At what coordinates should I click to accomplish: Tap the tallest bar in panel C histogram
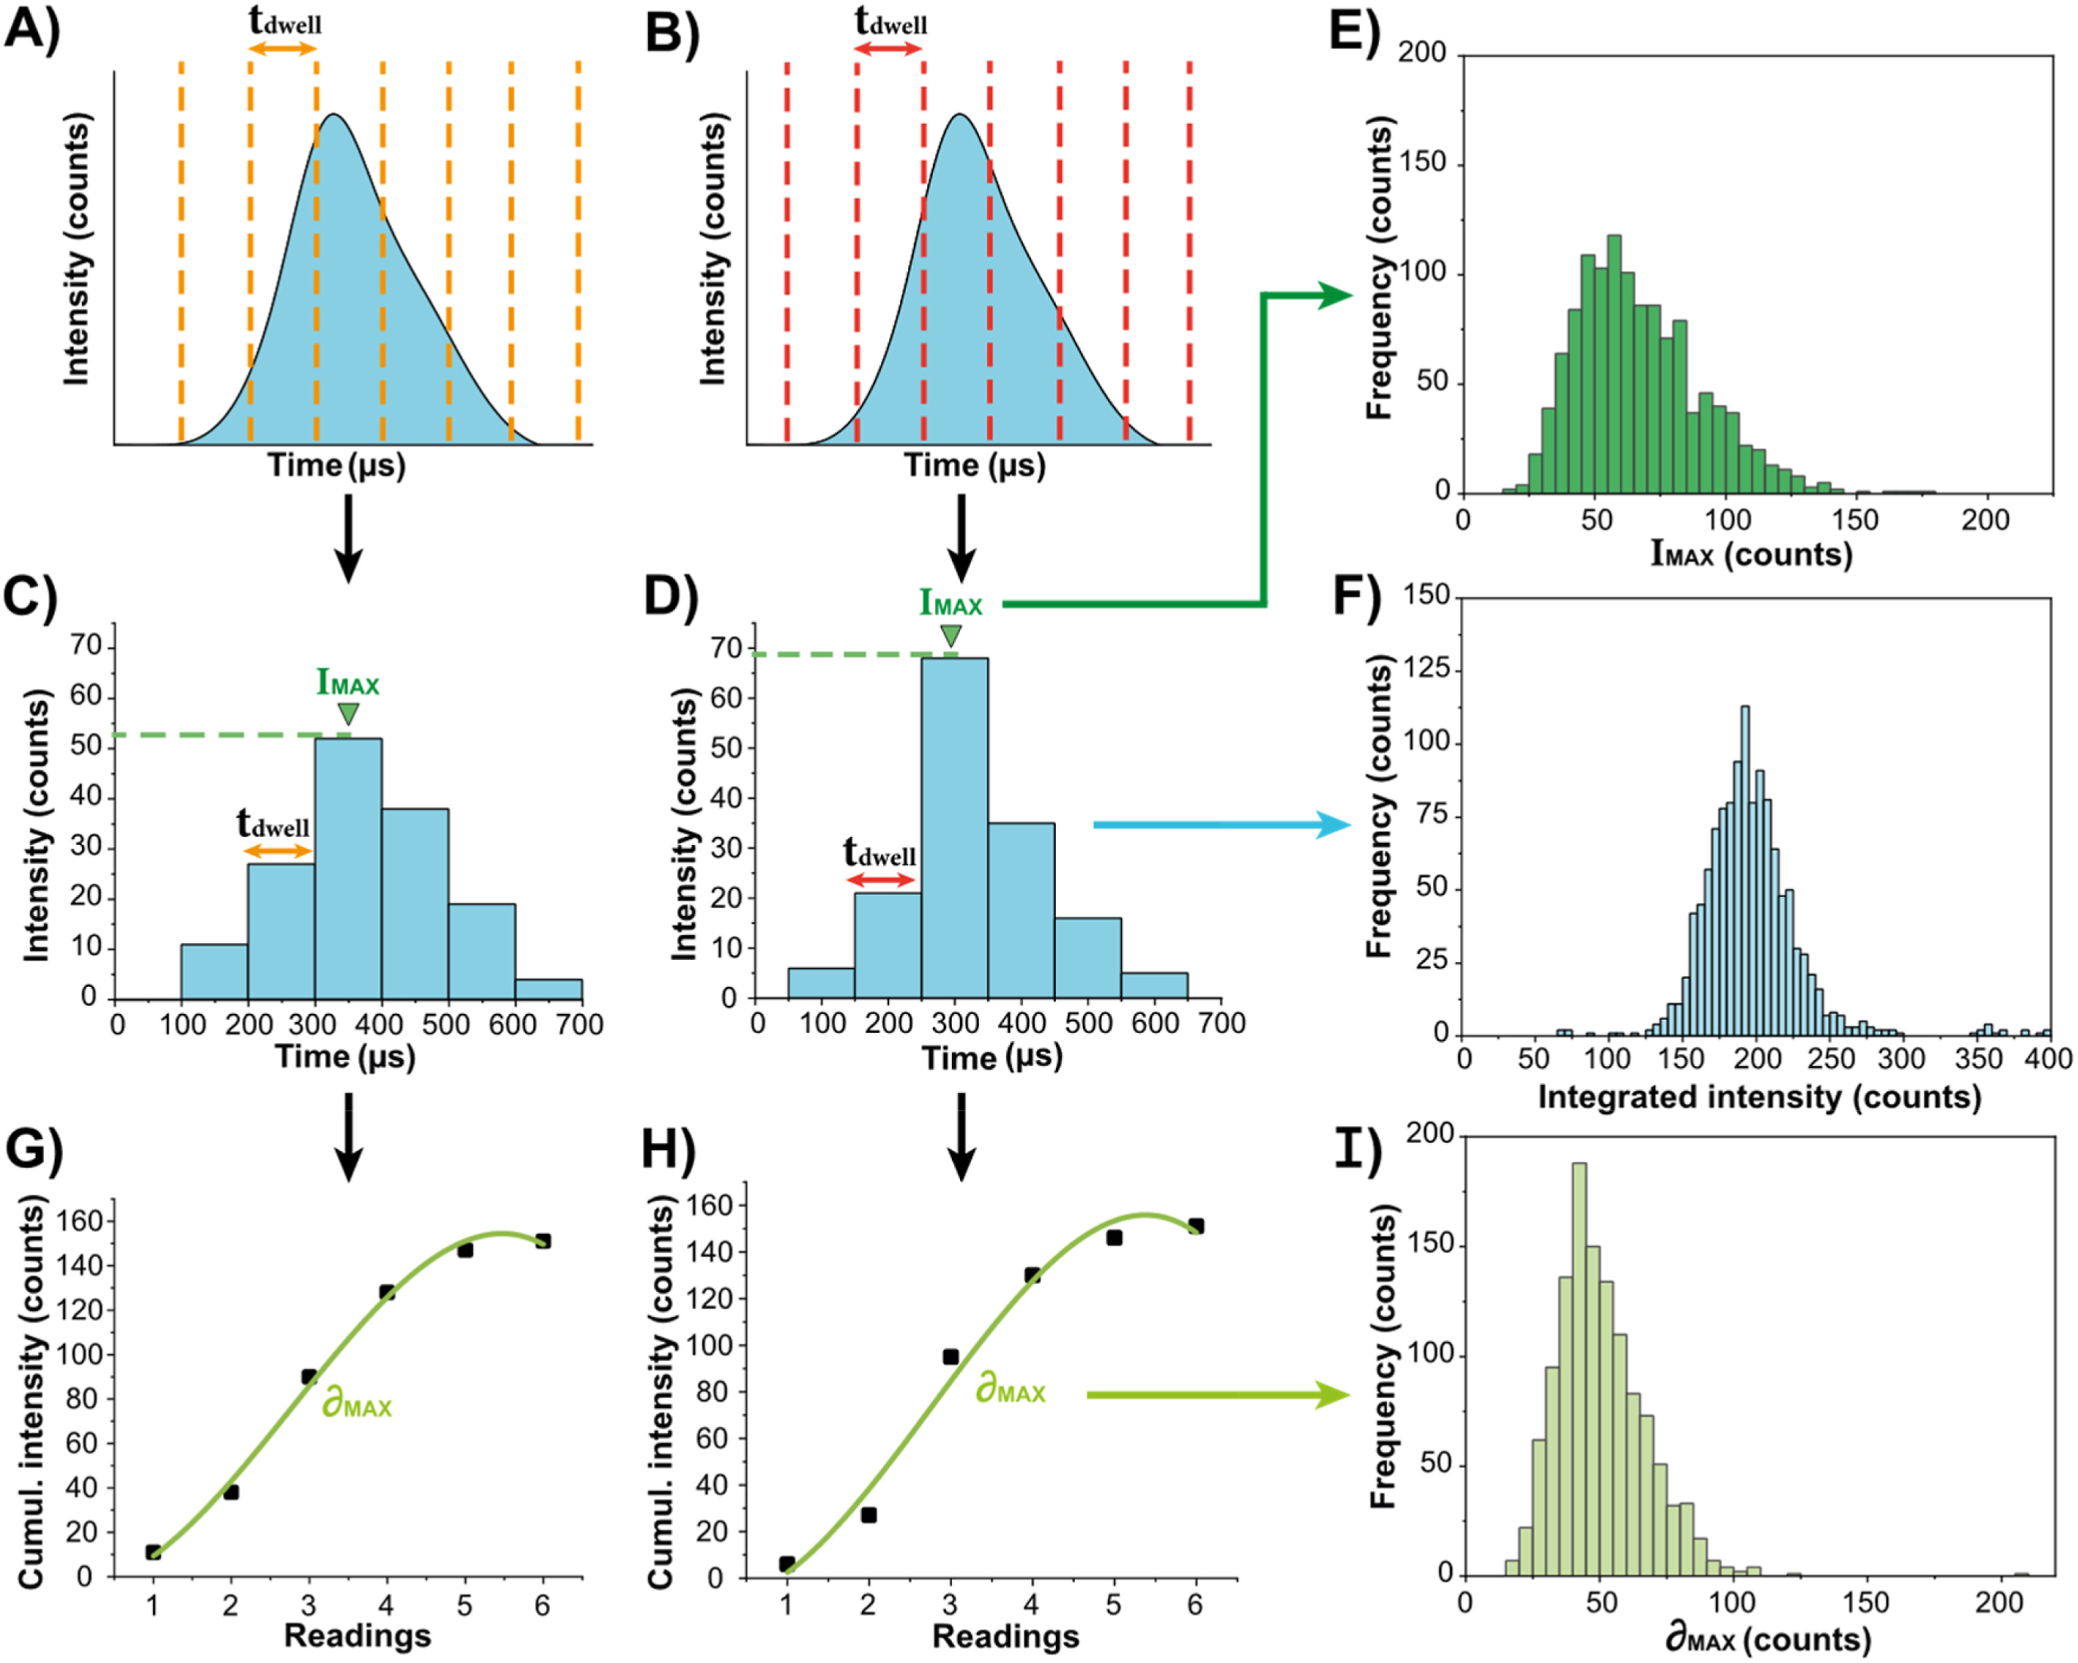coord(348,867)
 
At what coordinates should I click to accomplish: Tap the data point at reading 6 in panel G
coord(543,1241)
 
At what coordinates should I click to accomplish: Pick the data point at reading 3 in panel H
coord(950,1357)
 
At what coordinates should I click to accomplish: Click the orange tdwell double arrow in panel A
coord(283,48)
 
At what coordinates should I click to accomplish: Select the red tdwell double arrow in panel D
coord(880,880)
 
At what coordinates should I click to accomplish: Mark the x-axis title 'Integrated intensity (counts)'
coord(1759,1096)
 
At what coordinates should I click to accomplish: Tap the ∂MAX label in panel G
coord(357,1405)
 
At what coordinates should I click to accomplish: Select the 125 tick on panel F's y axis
coord(1427,669)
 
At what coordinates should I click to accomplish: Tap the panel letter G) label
coord(33,1148)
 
